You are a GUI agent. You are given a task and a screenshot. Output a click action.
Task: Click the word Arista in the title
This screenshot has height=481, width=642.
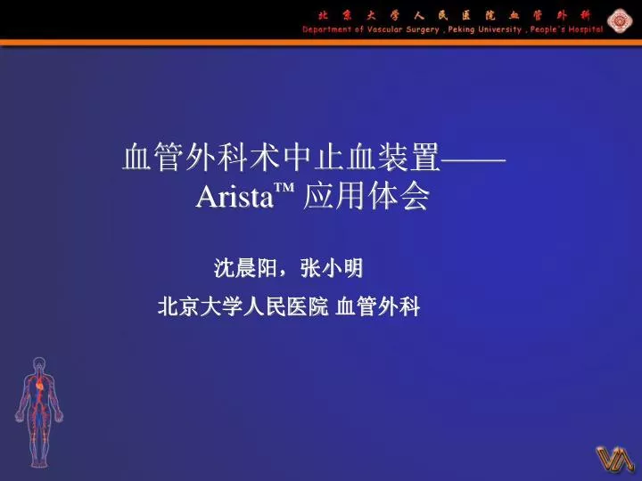[235, 197]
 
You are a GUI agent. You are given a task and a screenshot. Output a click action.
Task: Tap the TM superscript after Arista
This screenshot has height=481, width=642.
[284, 189]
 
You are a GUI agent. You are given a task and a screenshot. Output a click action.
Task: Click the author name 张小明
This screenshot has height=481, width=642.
[332, 268]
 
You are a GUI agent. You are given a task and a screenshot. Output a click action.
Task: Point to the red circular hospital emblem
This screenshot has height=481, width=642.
[620, 21]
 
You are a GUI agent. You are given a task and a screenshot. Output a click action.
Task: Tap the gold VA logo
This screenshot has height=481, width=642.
[615, 459]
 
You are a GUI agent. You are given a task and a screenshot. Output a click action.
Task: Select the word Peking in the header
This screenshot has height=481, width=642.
[462, 30]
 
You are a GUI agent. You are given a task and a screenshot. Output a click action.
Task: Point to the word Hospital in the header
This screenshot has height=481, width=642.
[586, 29]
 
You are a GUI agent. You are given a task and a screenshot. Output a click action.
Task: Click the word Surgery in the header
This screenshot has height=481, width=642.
[422, 30]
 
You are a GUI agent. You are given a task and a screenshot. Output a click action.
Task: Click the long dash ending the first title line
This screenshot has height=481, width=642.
[473, 159]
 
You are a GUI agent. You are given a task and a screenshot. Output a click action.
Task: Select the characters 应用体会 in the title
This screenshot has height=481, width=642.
[366, 196]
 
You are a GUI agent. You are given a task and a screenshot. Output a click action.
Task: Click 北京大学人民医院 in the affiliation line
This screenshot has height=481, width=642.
[243, 306]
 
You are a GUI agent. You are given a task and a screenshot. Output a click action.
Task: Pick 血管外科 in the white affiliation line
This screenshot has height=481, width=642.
[377, 306]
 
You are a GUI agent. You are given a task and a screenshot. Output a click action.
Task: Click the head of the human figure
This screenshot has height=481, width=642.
[39, 363]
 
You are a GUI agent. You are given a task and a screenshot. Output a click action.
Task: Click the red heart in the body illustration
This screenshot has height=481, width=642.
[40, 385]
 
